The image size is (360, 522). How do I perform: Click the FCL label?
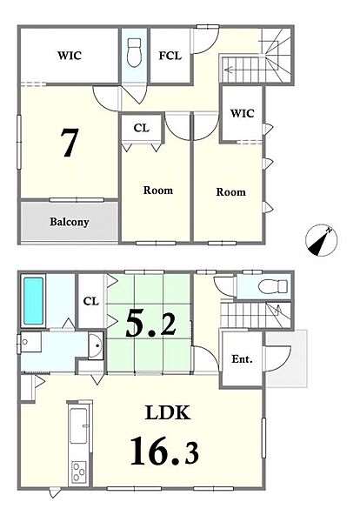coord(170,56)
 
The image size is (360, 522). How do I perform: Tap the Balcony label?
coord(70,222)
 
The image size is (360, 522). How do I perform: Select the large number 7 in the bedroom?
coord(70,143)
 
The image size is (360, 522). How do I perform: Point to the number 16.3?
coord(164,450)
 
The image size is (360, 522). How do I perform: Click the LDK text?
coord(168,412)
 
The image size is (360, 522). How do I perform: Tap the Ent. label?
coord(242,359)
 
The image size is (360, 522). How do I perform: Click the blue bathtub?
coord(33,301)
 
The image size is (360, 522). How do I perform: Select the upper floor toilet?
coord(135,52)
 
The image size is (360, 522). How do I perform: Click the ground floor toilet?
coord(273,286)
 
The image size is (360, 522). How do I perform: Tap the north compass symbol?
coord(322,240)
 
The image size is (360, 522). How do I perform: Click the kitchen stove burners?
coord(79,472)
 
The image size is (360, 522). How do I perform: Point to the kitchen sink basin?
coord(79,426)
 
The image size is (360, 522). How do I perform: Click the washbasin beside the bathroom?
coord(96,345)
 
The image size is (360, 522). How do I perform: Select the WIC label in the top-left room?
coord(70,56)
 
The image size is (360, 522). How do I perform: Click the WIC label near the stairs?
coord(242,113)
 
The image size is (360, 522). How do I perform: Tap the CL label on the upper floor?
coord(142,128)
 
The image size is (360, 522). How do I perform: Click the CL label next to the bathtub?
coord(91,301)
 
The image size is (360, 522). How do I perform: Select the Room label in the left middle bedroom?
coord(158,191)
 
